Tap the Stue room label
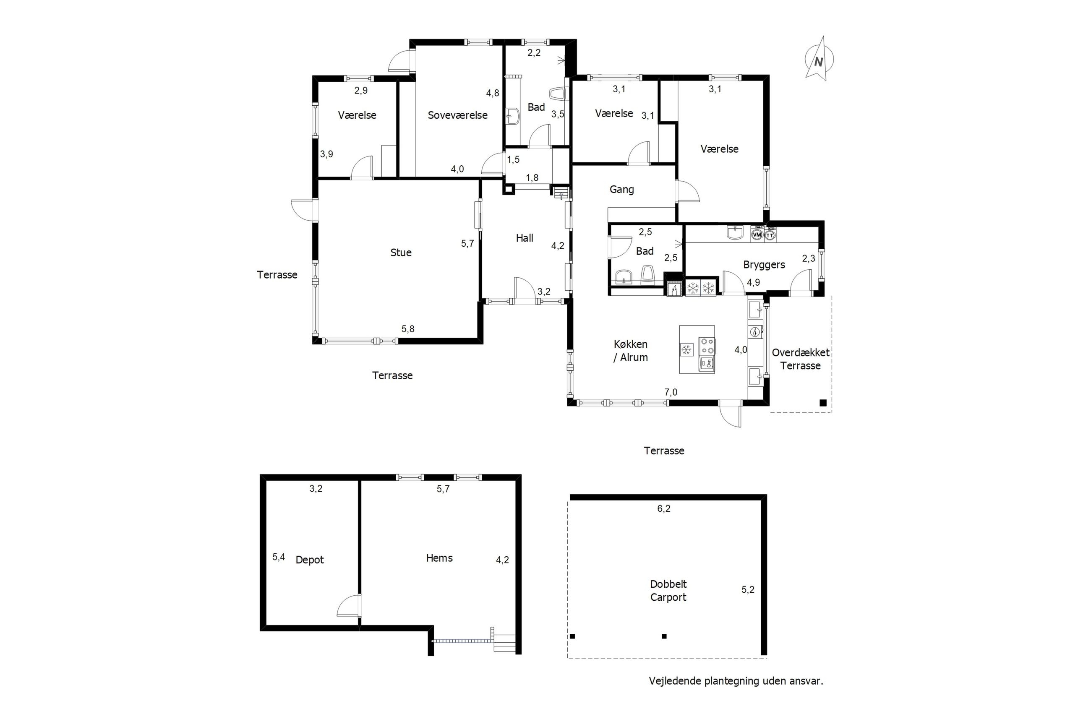(x=401, y=253)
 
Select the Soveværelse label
(x=457, y=115)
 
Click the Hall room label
(x=525, y=238)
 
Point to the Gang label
(x=621, y=189)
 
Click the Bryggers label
(x=764, y=265)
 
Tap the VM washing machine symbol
(x=757, y=235)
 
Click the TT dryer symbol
(x=770, y=235)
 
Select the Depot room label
(x=309, y=560)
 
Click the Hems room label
(x=439, y=558)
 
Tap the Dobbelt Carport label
(x=668, y=591)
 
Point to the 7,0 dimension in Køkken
(x=671, y=392)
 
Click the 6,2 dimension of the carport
(x=663, y=508)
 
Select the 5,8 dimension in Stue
(x=407, y=329)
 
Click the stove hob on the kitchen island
(x=707, y=347)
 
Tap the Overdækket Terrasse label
(x=800, y=359)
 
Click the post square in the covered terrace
(x=823, y=403)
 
